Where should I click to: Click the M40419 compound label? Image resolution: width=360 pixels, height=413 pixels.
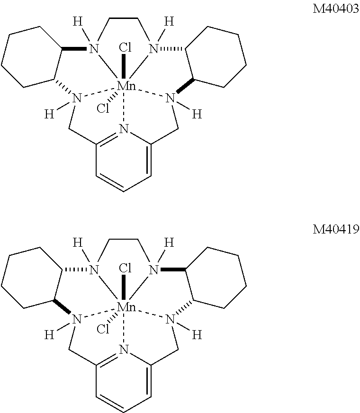point(335,230)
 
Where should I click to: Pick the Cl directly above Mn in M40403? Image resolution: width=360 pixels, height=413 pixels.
point(125,47)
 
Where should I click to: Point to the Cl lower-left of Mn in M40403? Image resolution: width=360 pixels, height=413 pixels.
point(103,109)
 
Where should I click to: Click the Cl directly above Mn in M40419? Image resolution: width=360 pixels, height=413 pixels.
point(125,269)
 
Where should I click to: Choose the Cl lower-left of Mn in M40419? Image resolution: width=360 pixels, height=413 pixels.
point(103,330)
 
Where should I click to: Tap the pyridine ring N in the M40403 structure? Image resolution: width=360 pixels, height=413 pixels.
point(124,129)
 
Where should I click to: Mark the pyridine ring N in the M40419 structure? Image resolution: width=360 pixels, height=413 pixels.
point(124,350)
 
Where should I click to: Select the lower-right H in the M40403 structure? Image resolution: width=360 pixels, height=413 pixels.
point(197,114)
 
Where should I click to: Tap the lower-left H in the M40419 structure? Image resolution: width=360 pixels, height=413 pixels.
point(49,335)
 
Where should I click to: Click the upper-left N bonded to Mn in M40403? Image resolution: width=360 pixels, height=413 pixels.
point(94,48)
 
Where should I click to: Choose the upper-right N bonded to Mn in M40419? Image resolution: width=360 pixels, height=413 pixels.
point(153,270)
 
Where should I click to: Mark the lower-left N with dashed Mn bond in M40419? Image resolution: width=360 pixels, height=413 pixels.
point(76,319)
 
